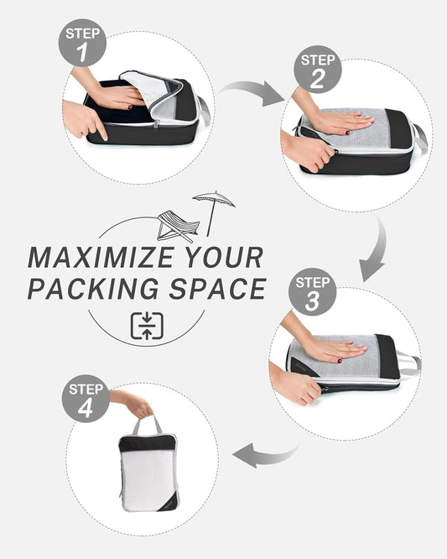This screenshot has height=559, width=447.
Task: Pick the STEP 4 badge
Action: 86,399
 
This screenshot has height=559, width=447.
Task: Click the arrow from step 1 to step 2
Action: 252,92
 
